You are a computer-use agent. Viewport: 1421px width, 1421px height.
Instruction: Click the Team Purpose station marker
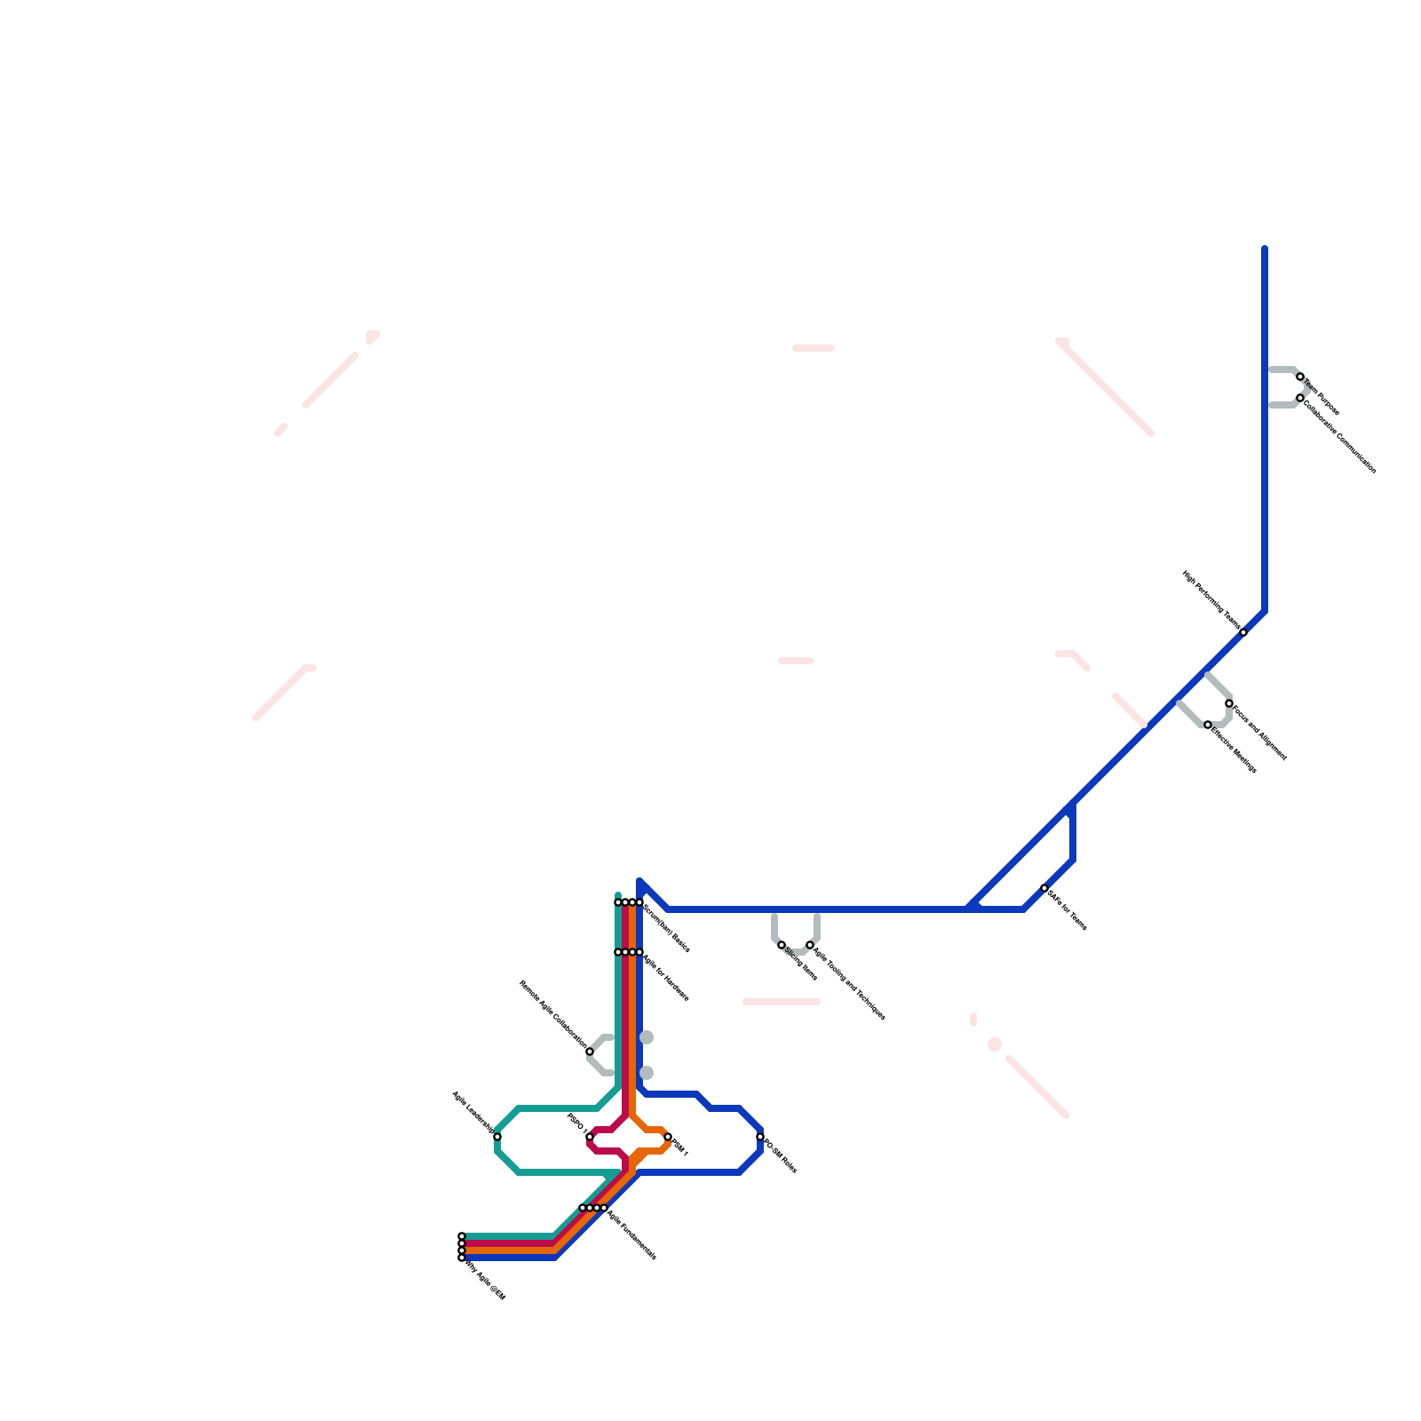pos(1300,377)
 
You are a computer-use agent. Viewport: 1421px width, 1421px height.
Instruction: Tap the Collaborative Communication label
pos(1340,435)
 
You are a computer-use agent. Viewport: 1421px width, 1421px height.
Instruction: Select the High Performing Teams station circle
pos(1243,632)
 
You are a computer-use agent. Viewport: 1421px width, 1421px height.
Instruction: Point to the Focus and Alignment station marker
pos(1229,703)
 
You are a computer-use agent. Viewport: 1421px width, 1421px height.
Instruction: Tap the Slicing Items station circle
pos(782,945)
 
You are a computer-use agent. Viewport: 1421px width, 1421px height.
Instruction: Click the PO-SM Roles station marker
pos(760,1137)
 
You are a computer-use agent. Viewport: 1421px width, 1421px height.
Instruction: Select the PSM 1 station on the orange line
pos(668,1137)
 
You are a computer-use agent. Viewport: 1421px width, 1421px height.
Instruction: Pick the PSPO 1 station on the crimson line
pos(590,1137)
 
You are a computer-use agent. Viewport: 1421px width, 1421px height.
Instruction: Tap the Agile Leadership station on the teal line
pos(497,1137)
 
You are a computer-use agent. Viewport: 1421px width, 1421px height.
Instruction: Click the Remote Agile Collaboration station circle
pos(590,1052)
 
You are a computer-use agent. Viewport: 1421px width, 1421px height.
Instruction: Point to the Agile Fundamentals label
pos(632,1234)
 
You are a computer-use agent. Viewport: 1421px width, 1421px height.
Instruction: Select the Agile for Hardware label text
pos(666,978)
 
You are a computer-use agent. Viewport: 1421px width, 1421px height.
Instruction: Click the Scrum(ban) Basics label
pos(667,929)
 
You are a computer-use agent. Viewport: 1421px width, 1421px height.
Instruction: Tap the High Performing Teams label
pos(1211,600)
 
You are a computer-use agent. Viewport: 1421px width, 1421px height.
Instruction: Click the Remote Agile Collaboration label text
pos(552,1015)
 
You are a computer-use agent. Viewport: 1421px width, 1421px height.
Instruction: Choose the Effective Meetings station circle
pos(1208,725)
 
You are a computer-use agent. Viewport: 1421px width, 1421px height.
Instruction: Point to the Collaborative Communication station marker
pos(1300,398)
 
